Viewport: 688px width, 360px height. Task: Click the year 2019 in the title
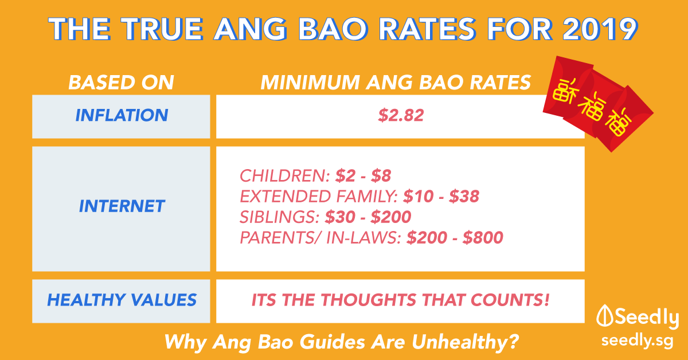click(600, 29)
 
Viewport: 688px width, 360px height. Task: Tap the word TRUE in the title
click(162, 29)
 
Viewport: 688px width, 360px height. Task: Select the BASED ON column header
click(122, 83)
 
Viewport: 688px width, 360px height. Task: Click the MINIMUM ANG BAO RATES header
click(396, 83)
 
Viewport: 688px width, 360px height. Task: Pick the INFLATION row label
click(122, 115)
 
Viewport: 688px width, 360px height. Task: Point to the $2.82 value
click(401, 115)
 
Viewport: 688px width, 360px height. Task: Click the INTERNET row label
click(122, 206)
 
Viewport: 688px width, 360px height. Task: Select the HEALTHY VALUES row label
click(122, 300)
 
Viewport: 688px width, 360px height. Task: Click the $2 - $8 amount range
click(363, 175)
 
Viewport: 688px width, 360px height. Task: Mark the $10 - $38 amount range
click(441, 196)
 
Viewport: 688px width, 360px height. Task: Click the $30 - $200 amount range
click(368, 217)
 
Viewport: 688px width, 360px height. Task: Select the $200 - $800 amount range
click(455, 237)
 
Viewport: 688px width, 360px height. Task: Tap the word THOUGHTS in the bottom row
click(369, 300)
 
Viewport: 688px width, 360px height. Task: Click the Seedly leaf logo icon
click(604, 315)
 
